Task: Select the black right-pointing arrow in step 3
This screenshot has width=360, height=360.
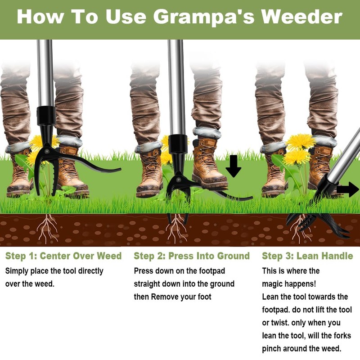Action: click(x=347, y=189)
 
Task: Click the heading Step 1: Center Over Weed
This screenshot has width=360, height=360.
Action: click(x=63, y=256)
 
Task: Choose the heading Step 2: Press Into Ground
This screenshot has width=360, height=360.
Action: click(x=192, y=256)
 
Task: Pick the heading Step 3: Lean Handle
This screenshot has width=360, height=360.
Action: click(x=307, y=256)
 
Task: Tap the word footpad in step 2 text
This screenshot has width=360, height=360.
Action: click(x=209, y=271)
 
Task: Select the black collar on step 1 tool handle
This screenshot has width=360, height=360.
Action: click(x=46, y=116)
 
